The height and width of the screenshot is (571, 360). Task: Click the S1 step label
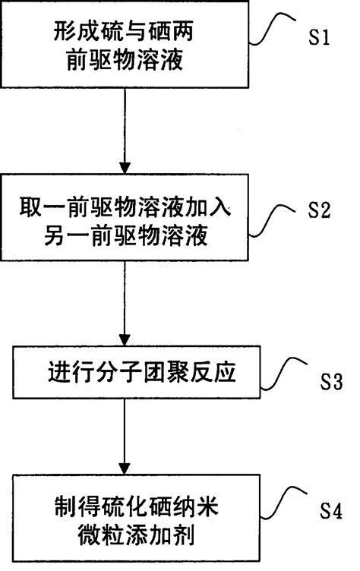point(318,39)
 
